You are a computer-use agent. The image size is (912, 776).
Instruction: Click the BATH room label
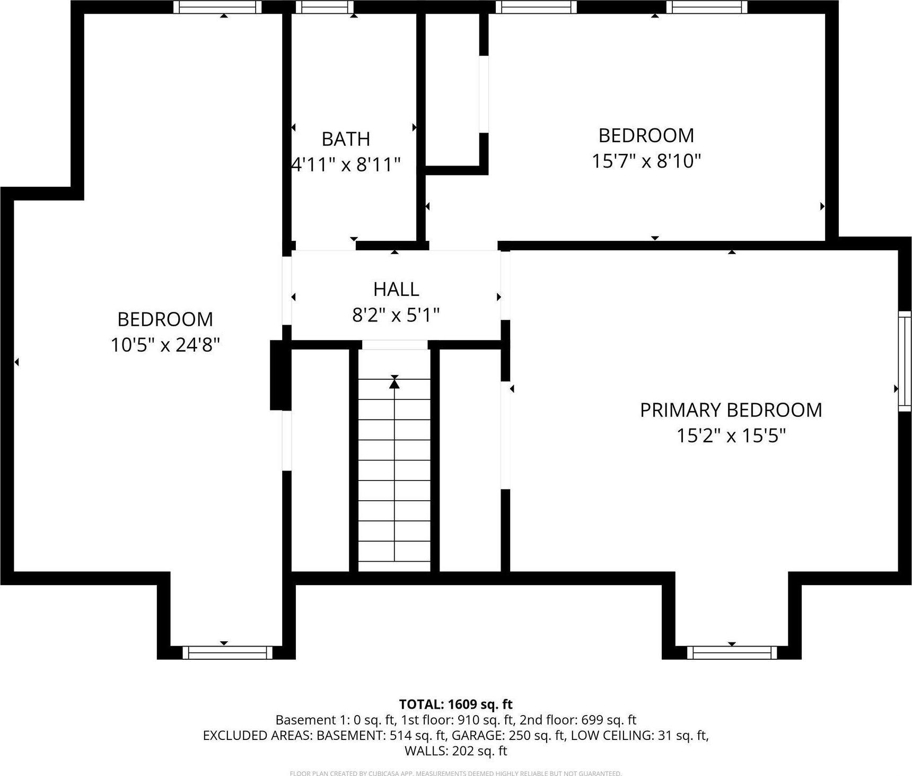(346, 139)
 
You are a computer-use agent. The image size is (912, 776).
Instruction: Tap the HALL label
(396, 289)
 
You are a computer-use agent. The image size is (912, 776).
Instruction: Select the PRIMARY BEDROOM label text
(731, 410)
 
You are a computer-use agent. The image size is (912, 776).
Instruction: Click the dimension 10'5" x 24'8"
(165, 345)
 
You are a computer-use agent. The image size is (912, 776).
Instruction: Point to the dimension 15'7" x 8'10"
(646, 161)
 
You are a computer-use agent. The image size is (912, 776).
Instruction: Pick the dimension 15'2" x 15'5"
(731, 436)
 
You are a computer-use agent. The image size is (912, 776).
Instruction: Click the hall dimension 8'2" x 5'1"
(396, 316)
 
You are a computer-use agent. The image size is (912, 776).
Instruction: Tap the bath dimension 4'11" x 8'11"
(346, 165)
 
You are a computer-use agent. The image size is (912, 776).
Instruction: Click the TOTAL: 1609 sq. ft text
(455, 704)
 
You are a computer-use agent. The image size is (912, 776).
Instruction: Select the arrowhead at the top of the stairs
(394, 381)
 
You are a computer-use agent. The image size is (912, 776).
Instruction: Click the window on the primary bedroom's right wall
(904, 361)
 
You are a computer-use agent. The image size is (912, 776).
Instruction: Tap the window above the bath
(324, 7)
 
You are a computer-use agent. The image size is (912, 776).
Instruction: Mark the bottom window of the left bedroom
(227, 652)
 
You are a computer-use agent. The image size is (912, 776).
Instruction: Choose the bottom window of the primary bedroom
(732, 652)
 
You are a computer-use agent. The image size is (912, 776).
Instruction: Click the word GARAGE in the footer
(484, 735)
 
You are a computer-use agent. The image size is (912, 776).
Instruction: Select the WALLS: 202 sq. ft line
(455, 751)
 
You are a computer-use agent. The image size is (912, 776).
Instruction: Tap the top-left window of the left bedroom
(217, 7)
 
